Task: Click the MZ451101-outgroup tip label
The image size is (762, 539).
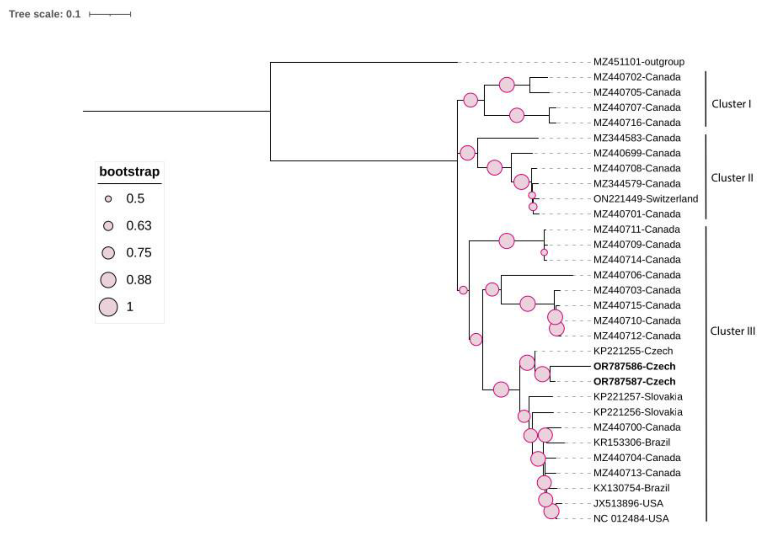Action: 639,62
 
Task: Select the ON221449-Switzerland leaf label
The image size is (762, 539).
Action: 645,199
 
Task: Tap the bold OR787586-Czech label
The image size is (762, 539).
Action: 634,366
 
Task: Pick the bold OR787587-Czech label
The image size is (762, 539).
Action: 634,382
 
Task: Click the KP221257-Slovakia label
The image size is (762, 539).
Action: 638,397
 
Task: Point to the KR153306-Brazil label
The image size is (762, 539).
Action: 632,442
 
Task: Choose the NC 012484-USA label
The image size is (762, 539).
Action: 631,518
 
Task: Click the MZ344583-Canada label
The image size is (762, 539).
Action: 637,138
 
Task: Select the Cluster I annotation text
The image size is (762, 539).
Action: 731,104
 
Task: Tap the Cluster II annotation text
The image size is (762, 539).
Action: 732,178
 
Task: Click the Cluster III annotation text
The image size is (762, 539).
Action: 732,331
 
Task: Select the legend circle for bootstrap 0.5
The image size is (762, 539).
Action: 108,199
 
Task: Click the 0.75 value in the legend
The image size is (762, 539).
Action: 139,253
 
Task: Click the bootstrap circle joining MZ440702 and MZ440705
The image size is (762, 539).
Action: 506,85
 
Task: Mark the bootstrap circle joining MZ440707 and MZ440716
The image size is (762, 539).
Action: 516,116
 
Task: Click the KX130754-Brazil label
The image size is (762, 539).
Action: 631,488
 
